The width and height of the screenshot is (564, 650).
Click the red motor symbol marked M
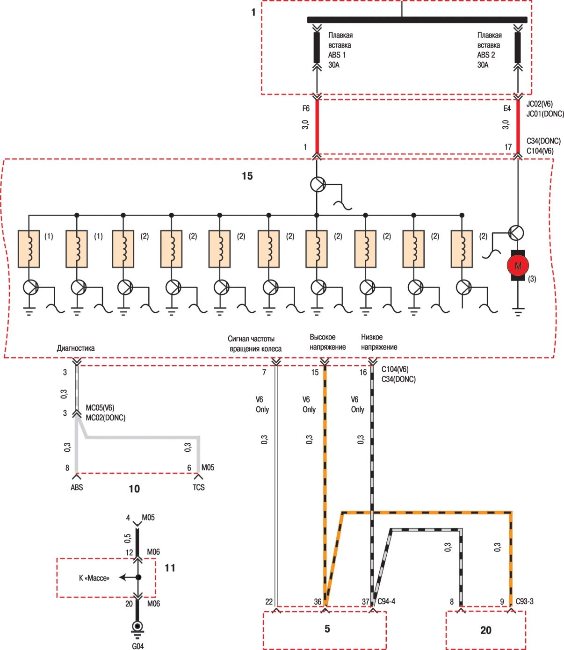[518, 266]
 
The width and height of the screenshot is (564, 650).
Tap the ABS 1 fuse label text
[340, 50]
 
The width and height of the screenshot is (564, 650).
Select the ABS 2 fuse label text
[489, 50]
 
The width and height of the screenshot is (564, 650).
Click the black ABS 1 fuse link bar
[317, 47]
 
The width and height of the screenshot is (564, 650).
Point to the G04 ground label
[138, 646]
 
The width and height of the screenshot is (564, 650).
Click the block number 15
[247, 176]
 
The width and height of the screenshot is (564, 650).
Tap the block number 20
[486, 630]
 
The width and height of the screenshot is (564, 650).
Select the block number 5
[327, 628]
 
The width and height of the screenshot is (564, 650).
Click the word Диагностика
[76, 348]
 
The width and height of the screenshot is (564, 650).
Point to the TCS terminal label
[199, 487]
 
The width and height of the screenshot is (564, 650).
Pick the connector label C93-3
[525, 601]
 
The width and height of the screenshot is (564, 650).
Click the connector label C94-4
[386, 601]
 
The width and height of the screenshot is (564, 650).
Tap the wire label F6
[306, 108]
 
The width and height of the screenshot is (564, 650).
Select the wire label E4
[507, 108]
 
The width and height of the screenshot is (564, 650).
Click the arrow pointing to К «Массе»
[129, 577]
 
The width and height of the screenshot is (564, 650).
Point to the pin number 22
[269, 602]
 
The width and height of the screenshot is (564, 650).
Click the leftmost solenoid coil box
[29, 249]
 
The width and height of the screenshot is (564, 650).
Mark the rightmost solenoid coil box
[462, 249]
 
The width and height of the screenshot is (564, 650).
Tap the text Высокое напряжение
[327, 342]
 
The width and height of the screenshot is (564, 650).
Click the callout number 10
[134, 489]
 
